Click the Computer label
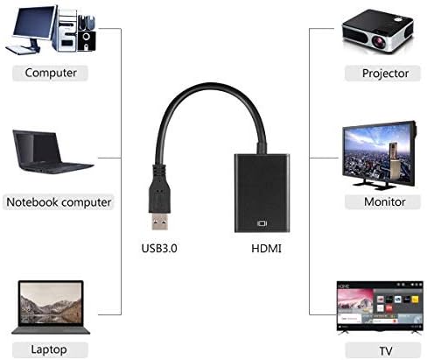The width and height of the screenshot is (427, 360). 50,73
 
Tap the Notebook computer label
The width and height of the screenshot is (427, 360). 59,202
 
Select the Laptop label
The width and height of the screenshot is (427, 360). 50,349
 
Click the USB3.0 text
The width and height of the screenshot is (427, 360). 159,249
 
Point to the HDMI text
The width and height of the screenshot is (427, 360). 266,249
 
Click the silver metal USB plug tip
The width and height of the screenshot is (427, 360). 160,221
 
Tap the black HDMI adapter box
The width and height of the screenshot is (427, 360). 262,193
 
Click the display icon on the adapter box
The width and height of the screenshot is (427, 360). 262,223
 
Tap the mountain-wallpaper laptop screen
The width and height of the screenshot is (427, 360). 51,303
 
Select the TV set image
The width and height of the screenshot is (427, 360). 380,307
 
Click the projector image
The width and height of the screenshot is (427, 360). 378,32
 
